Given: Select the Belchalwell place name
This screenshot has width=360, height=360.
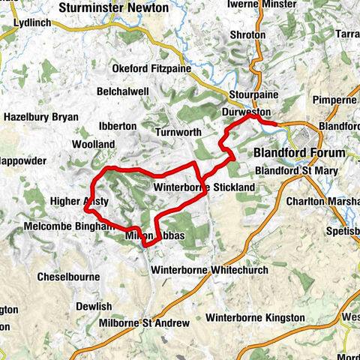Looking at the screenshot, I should (x=122, y=91).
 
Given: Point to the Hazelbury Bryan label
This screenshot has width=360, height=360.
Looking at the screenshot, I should (x=41, y=117).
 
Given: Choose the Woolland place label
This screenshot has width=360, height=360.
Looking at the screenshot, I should (x=94, y=144).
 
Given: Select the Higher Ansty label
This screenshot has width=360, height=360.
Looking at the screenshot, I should (x=79, y=202).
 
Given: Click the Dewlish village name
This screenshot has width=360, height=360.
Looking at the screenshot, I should (x=94, y=306).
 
